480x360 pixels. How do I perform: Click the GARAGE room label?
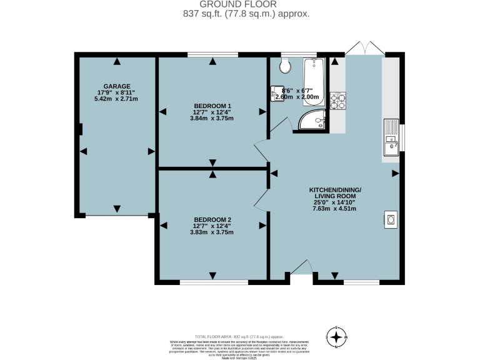(116, 86)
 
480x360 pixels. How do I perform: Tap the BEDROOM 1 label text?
(212, 106)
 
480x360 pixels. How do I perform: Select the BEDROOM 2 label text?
(212, 219)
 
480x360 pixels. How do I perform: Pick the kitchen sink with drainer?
(392, 137)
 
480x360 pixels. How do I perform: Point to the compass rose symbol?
(337, 337)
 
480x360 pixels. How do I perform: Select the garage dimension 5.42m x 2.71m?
(116, 99)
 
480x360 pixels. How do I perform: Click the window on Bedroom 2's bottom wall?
(201, 282)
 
